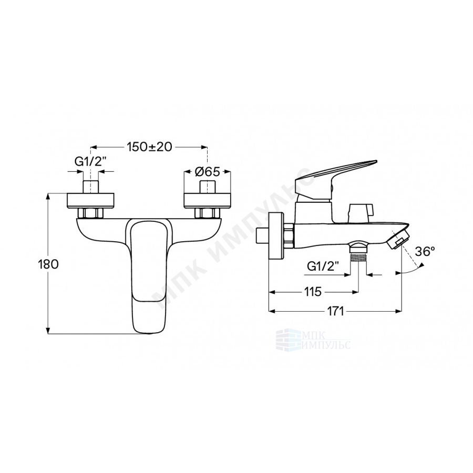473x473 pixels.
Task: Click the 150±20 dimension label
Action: click(x=149, y=147)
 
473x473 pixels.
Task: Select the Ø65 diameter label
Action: click(x=208, y=172)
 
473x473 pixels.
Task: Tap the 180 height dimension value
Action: click(x=48, y=264)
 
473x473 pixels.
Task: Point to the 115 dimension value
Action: click(x=313, y=292)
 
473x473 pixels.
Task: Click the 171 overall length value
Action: click(x=335, y=311)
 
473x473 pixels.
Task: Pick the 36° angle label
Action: click(x=425, y=251)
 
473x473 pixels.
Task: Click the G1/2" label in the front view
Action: click(x=90, y=162)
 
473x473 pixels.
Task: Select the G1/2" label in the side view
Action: click(x=323, y=266)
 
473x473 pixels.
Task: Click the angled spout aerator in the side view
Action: click(x=398, y=239)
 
